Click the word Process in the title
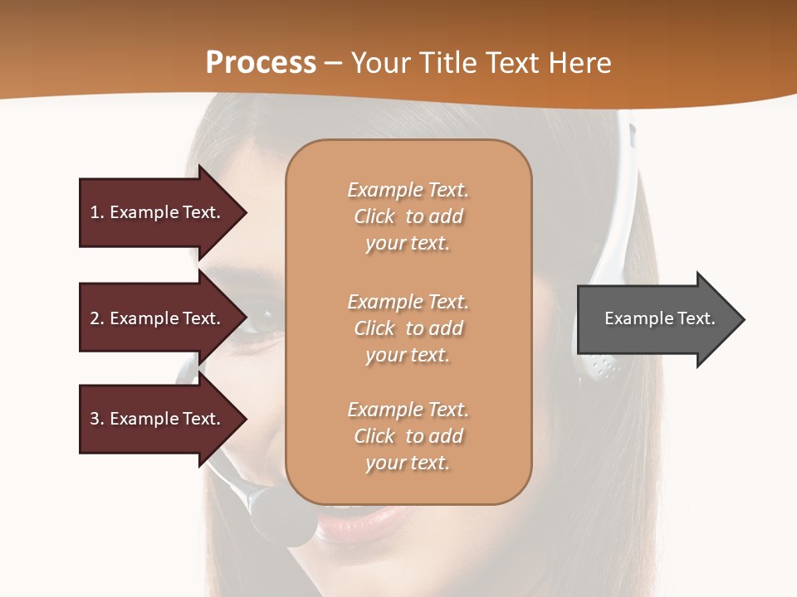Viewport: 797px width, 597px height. (x=261, y=63)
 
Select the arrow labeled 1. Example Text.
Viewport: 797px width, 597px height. (x=158, y=212)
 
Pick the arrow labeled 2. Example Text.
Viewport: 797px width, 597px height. (x=158, y=318)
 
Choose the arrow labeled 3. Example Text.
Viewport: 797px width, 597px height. (x=158, y=419)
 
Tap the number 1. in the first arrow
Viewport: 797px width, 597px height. (x=96, y=212)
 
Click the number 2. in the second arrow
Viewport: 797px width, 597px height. (x=96, y=318)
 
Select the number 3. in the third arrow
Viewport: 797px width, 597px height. (x=96, y=419)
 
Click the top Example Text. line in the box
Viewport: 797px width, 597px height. (x=408, y=190)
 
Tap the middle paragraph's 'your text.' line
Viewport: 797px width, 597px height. (x=408, y=355)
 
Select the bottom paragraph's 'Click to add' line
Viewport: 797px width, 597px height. (x=408, y=436)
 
